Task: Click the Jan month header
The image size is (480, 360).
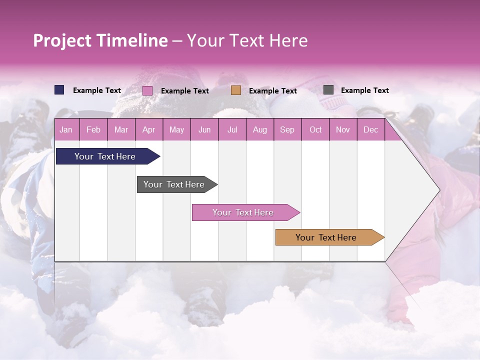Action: pos(66,129)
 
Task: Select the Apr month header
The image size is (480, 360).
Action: pos(148,129)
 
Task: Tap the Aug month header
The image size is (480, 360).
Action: pos(259,129)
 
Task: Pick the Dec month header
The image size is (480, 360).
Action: pos(370,129)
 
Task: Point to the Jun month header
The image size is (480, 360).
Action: pos(204,129)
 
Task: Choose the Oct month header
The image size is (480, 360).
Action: pos(315,129)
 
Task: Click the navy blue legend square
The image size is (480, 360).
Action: pos(59,90)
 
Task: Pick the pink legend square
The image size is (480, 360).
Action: pos(147,90)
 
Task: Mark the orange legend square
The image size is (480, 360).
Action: pos(236,90)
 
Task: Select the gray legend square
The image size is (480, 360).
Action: pos(328,90)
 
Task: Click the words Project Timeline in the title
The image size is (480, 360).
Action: pos(100,40)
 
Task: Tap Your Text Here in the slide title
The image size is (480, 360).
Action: pos(247,40)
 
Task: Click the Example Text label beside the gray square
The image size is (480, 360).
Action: pos(364,90)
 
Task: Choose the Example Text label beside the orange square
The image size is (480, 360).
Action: pos(272,91)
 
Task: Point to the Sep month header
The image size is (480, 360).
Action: pos(287,129)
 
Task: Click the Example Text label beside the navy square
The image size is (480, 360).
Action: pos(97,90)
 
